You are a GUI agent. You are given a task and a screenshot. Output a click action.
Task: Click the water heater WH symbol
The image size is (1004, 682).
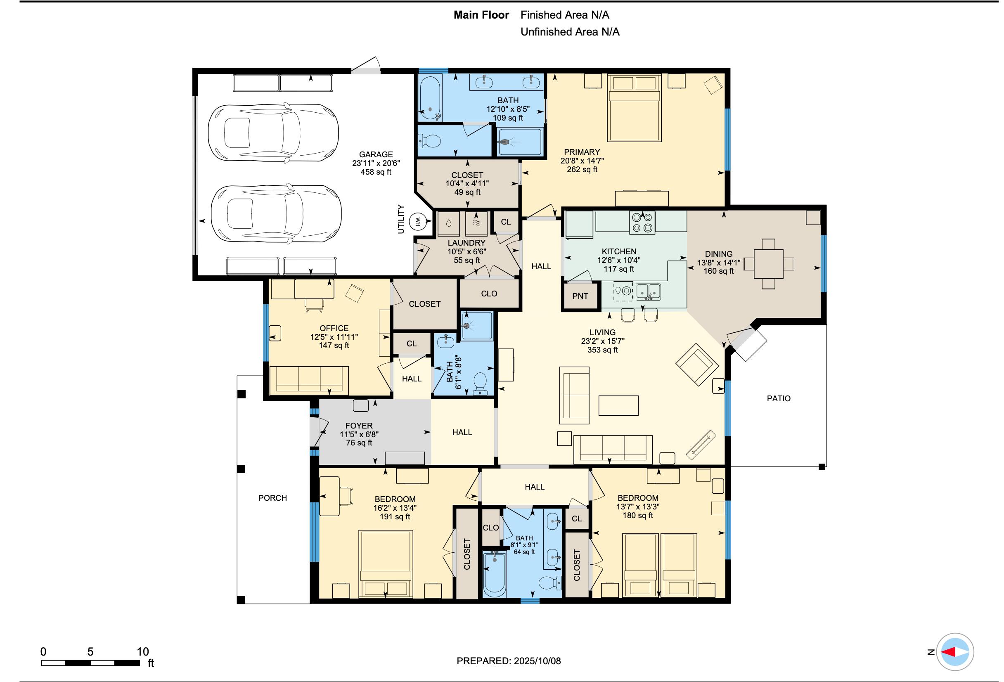[x=418, y=222]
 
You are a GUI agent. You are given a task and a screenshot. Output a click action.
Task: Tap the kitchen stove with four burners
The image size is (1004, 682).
[x=642, y=223]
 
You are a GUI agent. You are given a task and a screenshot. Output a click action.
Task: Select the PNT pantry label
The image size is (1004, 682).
[x=580, y=296]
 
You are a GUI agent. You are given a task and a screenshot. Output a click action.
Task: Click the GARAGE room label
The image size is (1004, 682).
[x=376, y=154]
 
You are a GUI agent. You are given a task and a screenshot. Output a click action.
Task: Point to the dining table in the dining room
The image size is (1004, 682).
[x=769, y=263]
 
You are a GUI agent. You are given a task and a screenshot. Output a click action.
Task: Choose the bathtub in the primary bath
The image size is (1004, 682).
[x=430, y=98]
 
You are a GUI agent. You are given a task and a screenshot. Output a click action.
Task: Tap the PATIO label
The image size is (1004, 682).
[x=779, y=398]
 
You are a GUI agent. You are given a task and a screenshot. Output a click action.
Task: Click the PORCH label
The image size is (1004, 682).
[x=272, y=497]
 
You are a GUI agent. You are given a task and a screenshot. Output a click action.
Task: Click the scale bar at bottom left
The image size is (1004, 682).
[x=91, y=663]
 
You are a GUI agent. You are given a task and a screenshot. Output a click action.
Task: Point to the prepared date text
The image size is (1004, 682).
[x=509, y=661]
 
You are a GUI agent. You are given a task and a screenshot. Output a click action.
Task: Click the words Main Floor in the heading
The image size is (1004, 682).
[x=481, y=15]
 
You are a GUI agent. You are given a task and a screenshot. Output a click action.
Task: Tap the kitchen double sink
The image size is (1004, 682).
[x=648, y=291]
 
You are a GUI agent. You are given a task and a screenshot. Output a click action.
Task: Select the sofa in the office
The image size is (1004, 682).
[x=309, y=380]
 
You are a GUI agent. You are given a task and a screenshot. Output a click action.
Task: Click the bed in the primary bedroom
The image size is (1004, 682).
[x=634, y=108]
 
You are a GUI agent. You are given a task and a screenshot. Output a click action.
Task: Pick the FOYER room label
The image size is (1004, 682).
[x=359, y=426]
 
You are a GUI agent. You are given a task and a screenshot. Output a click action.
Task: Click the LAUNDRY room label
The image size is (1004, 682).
[x=466, y=243]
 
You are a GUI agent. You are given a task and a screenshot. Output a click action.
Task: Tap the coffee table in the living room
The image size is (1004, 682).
[x=619, y=405]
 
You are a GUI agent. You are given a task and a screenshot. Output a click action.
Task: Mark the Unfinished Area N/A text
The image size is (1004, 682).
[x=570, y=32]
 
